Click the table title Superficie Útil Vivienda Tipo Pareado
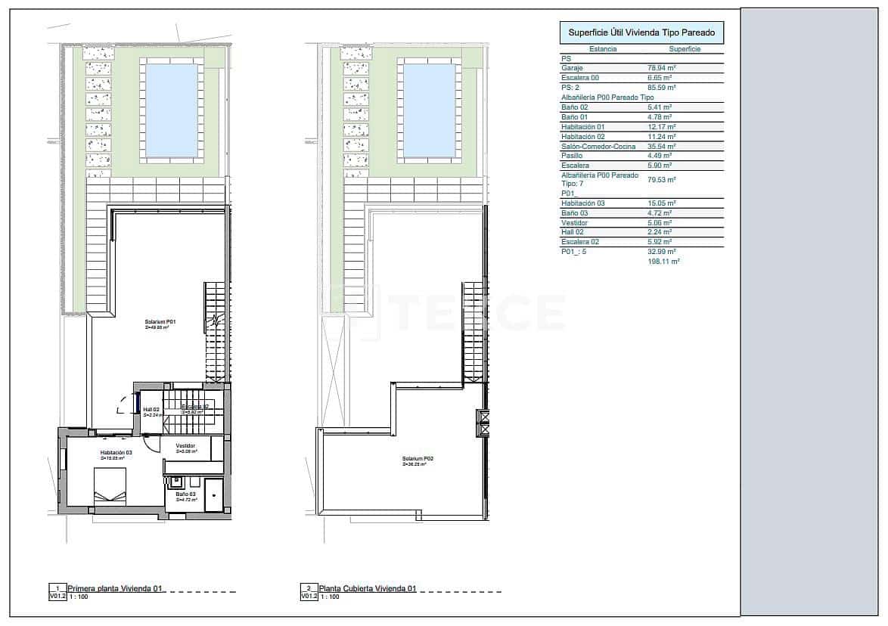click(x=641, y=33)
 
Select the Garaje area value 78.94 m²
click(x=661, y=68)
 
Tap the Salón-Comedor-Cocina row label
click(x=598, y=147)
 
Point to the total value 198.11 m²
click(x=664, y=261)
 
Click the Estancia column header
click(x=603, y=49)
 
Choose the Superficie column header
click(x=685, y=49)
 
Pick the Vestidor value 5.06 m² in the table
click(x=661, y=223)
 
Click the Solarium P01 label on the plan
click(x=160, y=323)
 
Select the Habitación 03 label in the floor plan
click(x=116, y=453)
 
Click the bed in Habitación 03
click(x=110, y=486)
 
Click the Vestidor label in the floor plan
click(x=186, y=447)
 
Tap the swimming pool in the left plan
click(x=171, y=110)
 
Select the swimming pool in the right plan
click(x=429, y=110)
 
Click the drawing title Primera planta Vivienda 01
click(x=115, y=588)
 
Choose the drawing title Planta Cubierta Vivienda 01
click(x=368, y=588)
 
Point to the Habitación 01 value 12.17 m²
click(x=661, y=127)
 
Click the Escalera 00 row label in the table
click(x=580, y=78)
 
